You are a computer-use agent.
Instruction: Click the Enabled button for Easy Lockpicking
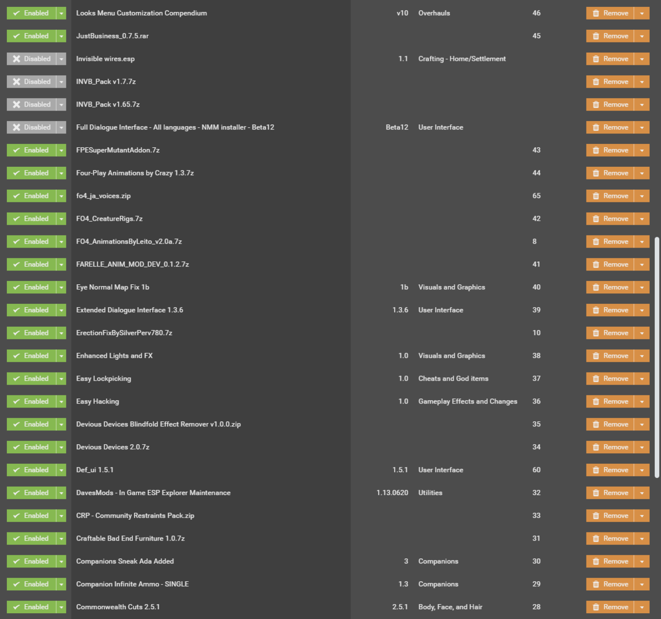coord(31,378)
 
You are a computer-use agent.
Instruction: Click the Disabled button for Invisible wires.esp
coord(31,58)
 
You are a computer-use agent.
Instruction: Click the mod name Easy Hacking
coord(97,401)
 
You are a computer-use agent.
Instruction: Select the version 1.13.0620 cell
coord(392,492)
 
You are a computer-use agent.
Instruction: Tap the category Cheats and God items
coord(453,378)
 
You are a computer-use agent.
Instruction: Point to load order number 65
coord(536,196)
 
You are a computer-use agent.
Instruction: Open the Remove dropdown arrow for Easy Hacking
coord(642,401)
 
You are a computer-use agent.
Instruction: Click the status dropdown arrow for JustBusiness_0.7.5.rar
coord(61,36)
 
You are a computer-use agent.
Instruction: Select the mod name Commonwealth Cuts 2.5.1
coord(118,607)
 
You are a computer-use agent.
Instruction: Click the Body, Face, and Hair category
coord(450,607)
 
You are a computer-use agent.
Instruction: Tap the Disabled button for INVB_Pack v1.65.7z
coord(31,104)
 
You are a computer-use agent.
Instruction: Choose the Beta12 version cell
coord(397,127)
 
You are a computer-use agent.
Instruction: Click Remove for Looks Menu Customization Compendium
coord(610,13)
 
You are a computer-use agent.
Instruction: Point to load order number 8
coord(534,241)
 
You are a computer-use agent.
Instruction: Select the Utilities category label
coord(430,492)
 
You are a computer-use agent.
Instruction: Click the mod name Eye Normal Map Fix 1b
coord(113,287)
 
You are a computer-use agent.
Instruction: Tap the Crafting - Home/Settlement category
coord(462,58)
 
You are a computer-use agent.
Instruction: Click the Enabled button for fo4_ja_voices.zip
coord(31,196)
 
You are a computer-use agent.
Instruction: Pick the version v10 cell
coord(402,13)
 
